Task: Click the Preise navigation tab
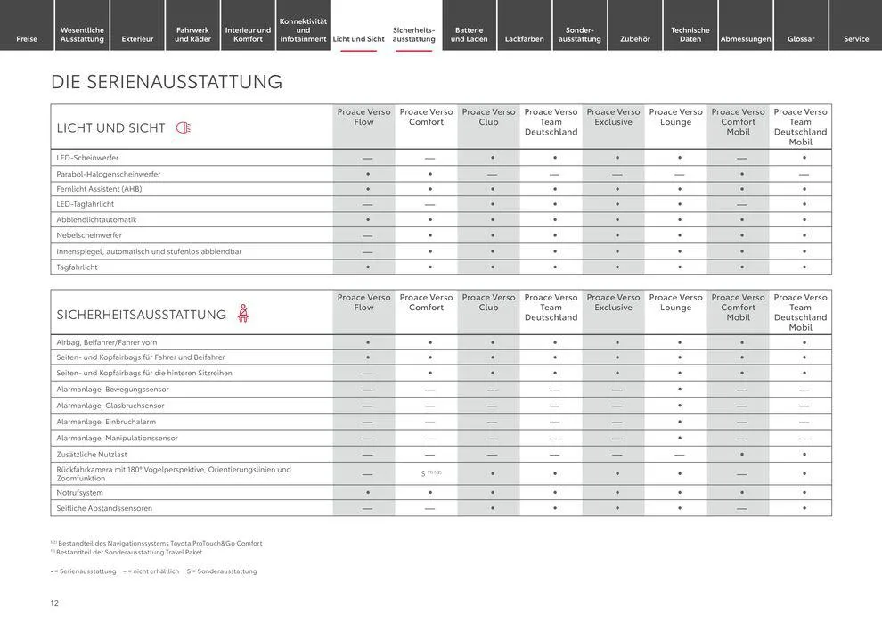coord(27,38)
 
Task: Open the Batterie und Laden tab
coord(470,34)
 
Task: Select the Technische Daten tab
coord(690,34)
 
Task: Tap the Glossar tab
coord(801,38)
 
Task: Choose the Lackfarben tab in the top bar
coord(525,38)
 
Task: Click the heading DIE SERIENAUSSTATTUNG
coord(167,82)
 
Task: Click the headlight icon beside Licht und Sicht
coord(184,127)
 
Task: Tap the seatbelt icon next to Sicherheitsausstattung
coord(242,314)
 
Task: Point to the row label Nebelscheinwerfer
coord(89,235)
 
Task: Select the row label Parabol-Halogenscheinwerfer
coord(109,174)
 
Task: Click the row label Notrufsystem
coord(80,493)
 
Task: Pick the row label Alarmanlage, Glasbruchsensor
coord(110,406)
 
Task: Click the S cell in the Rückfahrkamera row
coord(424,473)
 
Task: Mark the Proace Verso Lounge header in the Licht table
coord(676,117)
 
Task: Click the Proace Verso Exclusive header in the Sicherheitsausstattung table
coord(614,302)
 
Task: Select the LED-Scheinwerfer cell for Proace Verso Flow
coord(367,158)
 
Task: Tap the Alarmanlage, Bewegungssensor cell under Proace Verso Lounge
coord(680,390)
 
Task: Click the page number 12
coord(54,603)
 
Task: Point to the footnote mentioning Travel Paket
coord(128,552)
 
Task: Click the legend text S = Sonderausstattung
coord(222,571)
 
